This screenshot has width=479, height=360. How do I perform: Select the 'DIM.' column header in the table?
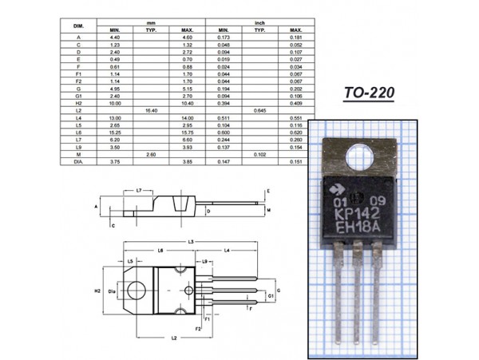(78, 26)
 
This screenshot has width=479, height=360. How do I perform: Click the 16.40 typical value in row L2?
(151, 109)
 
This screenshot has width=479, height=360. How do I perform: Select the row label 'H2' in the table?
(78, 102)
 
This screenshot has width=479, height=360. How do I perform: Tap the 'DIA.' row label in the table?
(78, 161)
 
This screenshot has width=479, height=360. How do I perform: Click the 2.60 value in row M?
(151, 153)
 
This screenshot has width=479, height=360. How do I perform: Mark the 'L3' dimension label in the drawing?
(191, 241)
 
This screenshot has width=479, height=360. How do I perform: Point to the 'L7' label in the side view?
(139, 191)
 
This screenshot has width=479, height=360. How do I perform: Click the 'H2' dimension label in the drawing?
(97, 291)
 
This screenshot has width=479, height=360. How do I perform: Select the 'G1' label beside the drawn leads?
(271, 295)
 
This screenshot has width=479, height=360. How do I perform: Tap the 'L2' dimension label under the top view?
(173, 338)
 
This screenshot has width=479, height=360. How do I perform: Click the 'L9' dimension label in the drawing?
(205, 261)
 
